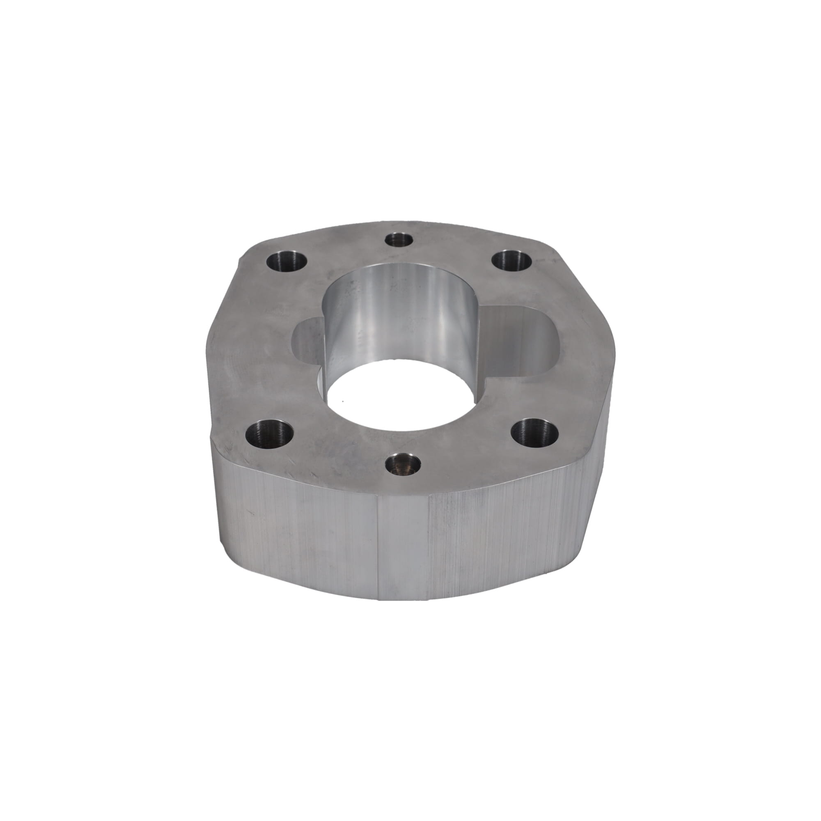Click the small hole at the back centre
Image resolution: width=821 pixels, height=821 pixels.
click(399, 239)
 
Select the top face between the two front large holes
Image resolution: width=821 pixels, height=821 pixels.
click(404, 438)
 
